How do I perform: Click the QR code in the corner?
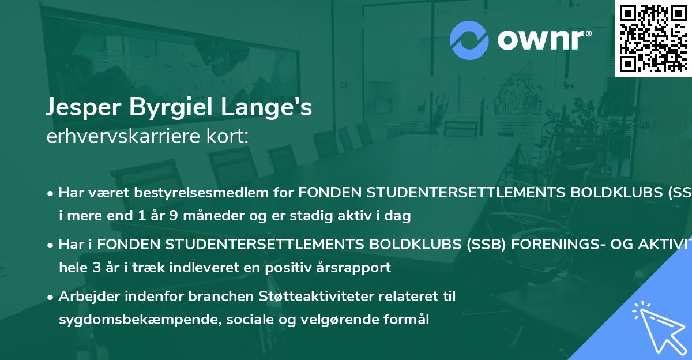(x=653, y=38)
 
